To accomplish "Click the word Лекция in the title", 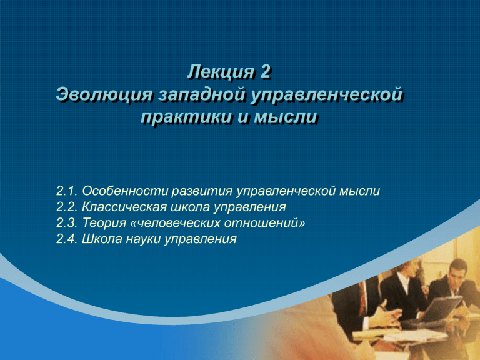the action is tap(221, 72).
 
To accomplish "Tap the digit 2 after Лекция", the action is tap(266, 72).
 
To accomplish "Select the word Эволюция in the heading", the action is tap(104, 94).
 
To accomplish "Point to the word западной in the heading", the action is tap(202, 94).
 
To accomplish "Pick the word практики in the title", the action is tap(186, 117).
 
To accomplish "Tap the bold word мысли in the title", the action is tap(286, 117).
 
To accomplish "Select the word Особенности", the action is tap(125, 191).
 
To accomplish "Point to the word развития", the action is tap(202, 191).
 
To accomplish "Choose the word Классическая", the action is tap(124, 207).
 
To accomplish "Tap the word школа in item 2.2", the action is tap(190, 207).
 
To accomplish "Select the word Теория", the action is tap(104, 224).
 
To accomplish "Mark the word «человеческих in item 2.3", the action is tap(176, 223).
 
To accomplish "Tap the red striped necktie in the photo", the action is tap(362, 299).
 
